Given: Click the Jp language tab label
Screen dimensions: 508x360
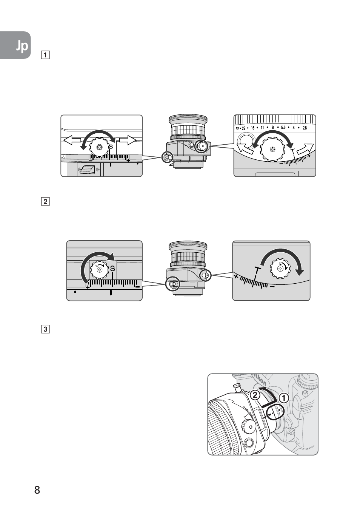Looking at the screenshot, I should point(22,46).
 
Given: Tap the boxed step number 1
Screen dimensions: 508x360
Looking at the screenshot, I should point(45,55).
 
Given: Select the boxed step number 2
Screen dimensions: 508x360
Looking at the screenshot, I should point(45,201).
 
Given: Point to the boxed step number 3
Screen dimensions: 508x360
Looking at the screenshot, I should point(45,329).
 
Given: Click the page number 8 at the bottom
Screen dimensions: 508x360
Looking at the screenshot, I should point(37,490).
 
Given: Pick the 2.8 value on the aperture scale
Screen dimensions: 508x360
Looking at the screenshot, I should point(305,128).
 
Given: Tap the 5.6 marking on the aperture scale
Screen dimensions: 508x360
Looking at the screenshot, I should point(283,128).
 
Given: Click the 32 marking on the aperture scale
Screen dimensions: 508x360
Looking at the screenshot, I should point(237,128).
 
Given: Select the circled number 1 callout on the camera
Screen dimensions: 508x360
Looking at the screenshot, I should point(284,398).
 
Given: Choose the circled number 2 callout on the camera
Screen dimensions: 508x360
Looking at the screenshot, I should point(255,395).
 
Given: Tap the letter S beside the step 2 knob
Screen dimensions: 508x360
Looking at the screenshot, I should point(112,269).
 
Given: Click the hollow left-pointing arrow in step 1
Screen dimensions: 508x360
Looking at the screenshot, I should point(72,141).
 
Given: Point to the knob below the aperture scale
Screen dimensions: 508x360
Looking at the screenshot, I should point(272,150).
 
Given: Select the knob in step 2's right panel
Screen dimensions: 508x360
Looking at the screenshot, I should point(280,269).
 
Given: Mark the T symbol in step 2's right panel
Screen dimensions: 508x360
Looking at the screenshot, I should point(257,270).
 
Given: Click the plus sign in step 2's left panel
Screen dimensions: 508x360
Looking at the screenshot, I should point(88,287).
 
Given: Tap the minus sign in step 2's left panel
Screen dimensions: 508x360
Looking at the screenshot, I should point(137,287).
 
